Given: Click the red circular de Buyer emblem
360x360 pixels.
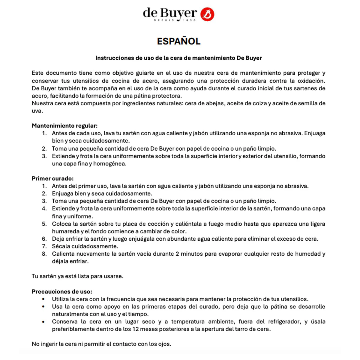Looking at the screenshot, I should point(207,14).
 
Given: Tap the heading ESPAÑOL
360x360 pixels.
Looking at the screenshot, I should point(179,41).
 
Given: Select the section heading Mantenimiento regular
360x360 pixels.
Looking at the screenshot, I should point(64,126).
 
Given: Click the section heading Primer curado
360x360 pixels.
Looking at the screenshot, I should point(52,178).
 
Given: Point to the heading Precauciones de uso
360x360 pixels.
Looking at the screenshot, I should point(62,292).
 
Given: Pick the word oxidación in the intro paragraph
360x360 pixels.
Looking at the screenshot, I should point(311,81).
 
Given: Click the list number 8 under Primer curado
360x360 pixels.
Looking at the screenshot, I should point(44,254).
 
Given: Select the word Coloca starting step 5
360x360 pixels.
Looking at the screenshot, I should point(61,224).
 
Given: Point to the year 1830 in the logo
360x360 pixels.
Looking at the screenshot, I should point(189,20).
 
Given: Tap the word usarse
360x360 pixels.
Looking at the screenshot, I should point(113,276).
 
